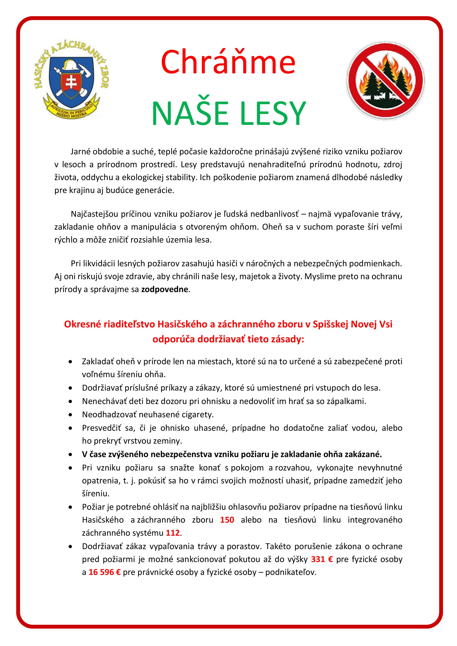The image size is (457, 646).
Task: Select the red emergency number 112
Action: click(x=172, y=533)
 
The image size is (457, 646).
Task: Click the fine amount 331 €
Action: click(x=322, y=559)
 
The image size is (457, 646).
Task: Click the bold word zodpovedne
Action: click(x=165, y=289)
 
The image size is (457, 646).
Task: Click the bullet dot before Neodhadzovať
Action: click(x=70, y=415)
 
